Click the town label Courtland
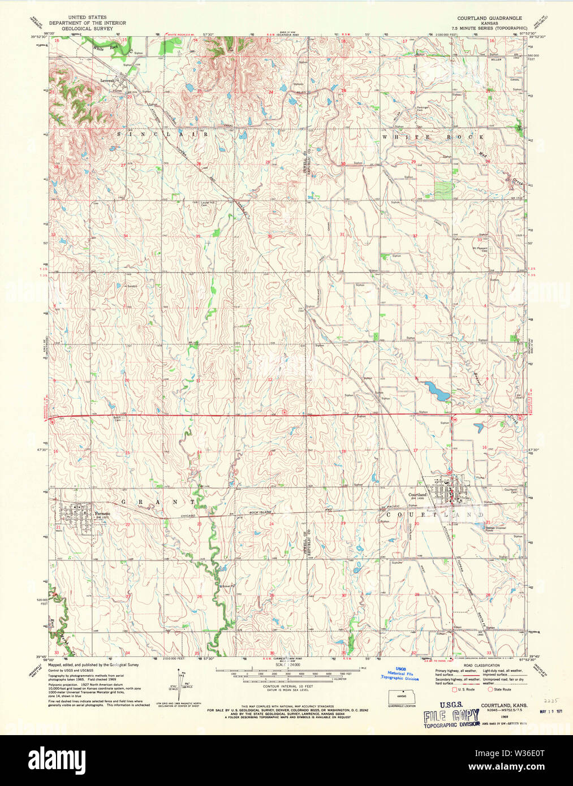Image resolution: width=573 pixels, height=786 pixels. [417, 495]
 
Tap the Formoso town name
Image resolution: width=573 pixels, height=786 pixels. [102, 513]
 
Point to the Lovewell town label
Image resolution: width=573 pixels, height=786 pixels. [107, 80]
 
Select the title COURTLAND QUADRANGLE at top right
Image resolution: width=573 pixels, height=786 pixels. [489, 18]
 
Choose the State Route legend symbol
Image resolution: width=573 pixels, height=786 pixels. [490, 689]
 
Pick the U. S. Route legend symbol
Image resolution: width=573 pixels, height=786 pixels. [454, 689]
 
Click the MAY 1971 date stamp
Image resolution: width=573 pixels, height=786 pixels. [550, 711]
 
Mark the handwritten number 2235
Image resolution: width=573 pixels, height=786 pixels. [546, 698]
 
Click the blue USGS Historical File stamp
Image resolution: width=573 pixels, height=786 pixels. [400, 674]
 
